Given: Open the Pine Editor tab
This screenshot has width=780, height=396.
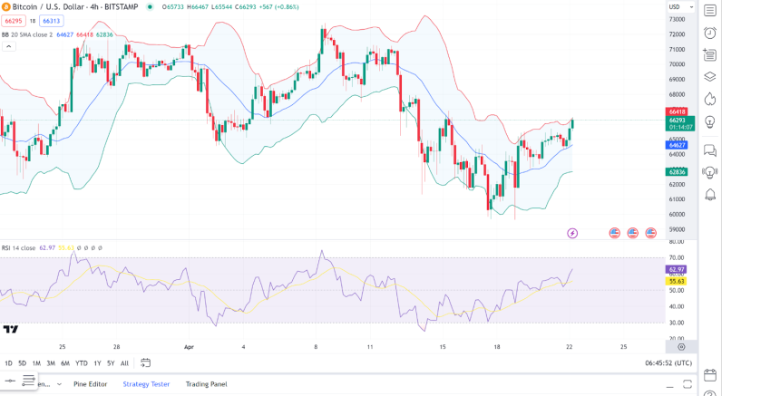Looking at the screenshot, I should coord(90,384).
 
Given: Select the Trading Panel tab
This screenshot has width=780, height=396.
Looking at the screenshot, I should coord(206,384).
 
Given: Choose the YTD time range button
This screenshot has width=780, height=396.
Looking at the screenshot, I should coord(81,363).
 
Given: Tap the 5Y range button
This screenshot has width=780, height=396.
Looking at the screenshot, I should coord(111,363).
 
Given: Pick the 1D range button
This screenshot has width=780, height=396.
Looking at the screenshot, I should coord(8,363).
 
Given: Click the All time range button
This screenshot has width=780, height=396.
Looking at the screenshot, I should coord(124,363).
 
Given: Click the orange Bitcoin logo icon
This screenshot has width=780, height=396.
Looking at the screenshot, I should coord(6,6).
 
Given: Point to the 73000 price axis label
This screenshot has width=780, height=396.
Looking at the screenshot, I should coord(677,19).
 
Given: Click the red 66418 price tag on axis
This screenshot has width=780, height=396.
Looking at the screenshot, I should coord(677,111).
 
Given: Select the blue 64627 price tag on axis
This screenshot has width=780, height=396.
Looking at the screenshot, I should coord(677,145).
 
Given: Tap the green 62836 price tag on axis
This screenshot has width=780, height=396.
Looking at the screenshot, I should coord(677,171).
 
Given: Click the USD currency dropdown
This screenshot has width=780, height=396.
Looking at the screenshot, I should coord(681,6).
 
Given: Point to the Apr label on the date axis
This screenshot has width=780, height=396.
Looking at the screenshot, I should coord(190,346).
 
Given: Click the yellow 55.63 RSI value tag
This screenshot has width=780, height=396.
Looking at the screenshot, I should coord(677,281).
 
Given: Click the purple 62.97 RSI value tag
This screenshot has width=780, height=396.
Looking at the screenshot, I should coord(677,269).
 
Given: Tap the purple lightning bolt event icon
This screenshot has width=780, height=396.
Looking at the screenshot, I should coord(572,233).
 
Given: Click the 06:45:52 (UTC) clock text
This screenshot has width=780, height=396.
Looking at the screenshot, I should coord(668,363).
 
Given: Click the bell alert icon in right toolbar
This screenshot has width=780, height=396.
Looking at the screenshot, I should coord(710,195).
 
